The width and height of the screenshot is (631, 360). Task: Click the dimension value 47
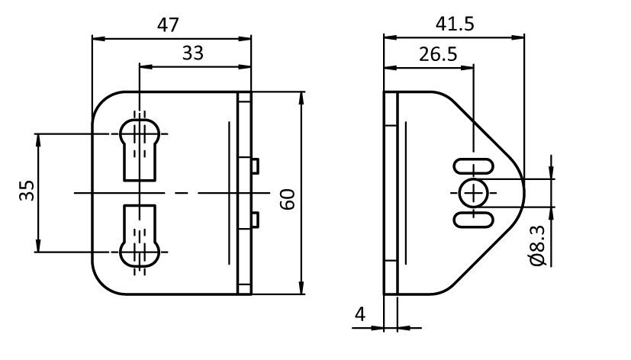(168, 24)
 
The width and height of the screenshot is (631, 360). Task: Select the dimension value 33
(193, 53)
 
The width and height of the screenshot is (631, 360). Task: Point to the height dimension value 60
(288, 199)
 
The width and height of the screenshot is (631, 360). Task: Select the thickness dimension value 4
(361, 314)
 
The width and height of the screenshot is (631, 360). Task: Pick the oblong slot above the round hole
(473, 167)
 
